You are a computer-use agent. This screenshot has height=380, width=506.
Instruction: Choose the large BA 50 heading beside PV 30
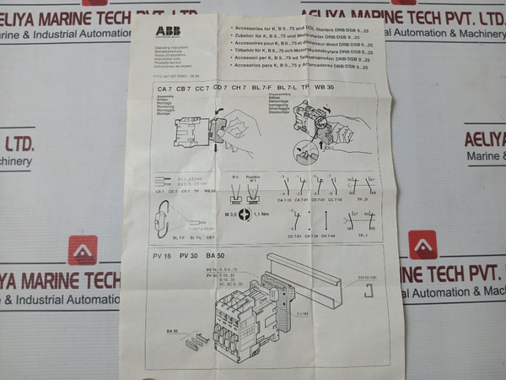(x=216, y=255)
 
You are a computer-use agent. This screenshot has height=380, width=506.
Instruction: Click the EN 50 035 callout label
(x=369, y=277)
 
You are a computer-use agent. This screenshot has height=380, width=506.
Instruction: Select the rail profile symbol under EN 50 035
(x=369, y=291)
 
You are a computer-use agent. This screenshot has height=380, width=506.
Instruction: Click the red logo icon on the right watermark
(x=423, y=244)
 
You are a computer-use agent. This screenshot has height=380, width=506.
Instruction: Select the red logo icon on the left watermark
(x=83, y=250)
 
